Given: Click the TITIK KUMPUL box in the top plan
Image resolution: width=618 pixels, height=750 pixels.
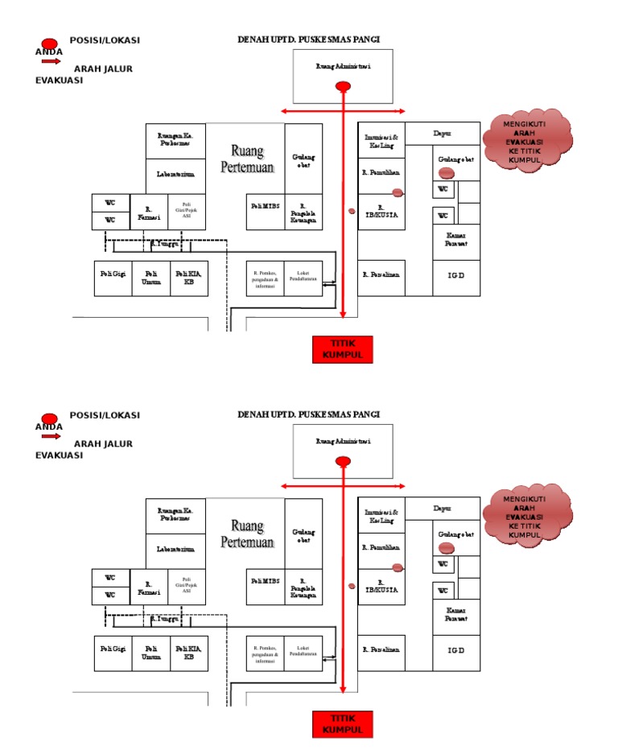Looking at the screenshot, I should [x=343, y=349].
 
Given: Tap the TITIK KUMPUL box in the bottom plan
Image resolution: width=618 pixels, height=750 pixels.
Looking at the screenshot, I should [x=343, y=723].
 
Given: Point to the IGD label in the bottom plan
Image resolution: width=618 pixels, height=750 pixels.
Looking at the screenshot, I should [x=455, y=649].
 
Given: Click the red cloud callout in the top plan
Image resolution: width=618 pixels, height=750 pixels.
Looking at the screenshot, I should [x=527, y=142].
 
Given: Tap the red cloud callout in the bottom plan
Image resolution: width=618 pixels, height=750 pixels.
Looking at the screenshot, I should [x=527, y=517].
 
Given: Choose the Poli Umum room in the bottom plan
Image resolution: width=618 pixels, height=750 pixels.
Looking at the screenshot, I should [x=151, y=653].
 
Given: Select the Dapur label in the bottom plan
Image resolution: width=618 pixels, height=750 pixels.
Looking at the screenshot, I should [x=442, y=509].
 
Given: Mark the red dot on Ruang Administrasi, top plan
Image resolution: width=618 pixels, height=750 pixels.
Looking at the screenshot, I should [x=343, y=86].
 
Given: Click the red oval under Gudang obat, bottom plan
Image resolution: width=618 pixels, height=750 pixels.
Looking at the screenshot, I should [x=447, y=548].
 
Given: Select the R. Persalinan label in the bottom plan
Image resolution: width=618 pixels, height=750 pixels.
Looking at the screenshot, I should [x=381, y=649].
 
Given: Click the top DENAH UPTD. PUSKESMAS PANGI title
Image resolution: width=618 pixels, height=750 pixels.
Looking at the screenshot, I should [x=308, y=39].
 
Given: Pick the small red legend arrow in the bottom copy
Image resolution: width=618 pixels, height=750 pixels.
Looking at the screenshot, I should [x=51, y=435].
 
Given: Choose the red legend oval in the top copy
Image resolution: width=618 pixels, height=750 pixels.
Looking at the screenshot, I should [x=49, y=43].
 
